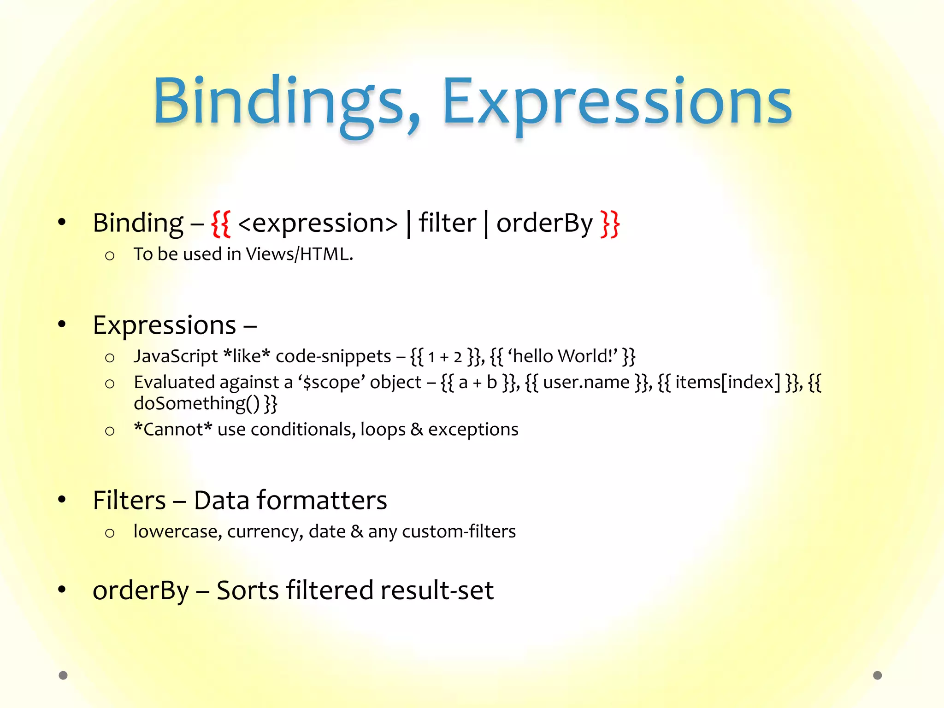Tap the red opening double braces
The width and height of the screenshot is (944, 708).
click(x=221, y=224)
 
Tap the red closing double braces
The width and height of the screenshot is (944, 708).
click(x=610, y=224)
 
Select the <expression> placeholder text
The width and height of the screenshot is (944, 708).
click(x=318, y=224)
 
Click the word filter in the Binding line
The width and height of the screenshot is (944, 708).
click(x=447, y=224)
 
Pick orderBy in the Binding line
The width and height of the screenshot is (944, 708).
click(x=544, y=224)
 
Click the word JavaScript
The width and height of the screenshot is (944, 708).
click(x=175, y=356)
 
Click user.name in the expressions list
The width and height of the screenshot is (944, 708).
click(x=586, y=383)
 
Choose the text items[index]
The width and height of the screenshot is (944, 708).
click(x=728, y=383)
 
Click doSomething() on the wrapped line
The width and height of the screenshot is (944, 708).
click(x=197, y=404)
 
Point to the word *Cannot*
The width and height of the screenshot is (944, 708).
click(x=173, y=430)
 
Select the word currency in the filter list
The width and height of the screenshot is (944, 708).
click(x=265, y=531)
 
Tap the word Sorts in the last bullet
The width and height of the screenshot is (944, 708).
click(x=248, y=590)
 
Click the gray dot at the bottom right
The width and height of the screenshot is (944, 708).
click(x=877, y=675)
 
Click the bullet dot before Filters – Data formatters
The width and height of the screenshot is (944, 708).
click(x=62, y=500)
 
